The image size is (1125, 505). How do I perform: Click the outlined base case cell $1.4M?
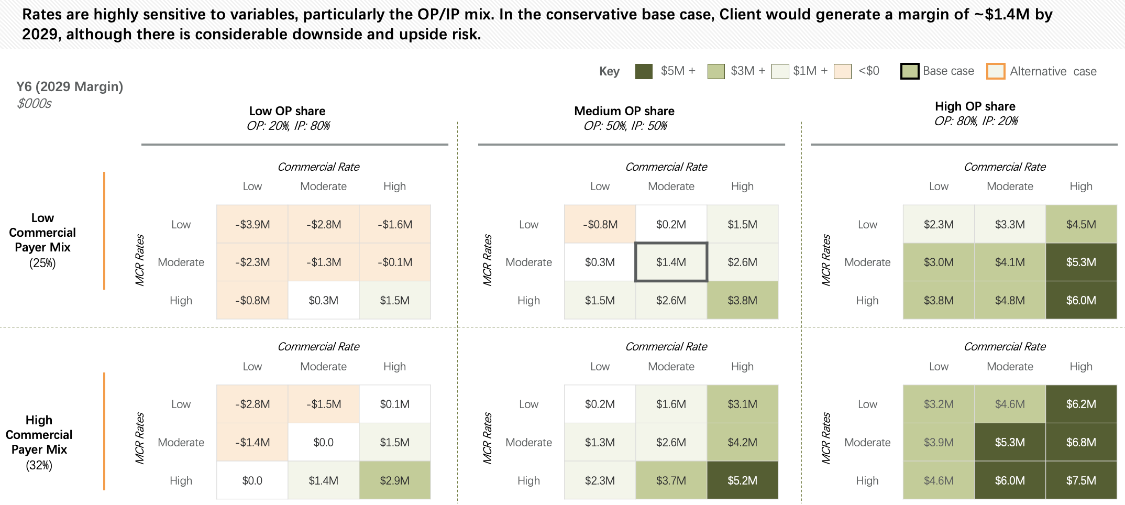pos(671,262)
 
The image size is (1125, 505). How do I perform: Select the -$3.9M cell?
pos(252,224)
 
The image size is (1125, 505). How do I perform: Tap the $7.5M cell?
pos(1081,480)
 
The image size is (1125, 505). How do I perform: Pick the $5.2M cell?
pos(742,480)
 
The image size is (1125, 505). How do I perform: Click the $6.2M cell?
pos(1081,404)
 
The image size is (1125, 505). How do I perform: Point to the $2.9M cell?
pos(394,480)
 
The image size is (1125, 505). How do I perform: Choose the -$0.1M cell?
pos(394,262)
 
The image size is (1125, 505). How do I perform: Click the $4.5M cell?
pos(1081,224)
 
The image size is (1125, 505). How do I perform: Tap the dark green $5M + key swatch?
pos(644,71)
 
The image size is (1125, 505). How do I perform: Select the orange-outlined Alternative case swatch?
pos(995,71)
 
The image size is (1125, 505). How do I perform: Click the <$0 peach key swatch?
pos(842,71)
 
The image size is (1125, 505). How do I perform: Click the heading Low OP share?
pos(287,111)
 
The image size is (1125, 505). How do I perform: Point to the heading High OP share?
pos(975,106)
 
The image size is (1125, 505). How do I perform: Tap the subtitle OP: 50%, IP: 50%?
pos(625,126)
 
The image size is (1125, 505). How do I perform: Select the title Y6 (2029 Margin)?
pos(70,86)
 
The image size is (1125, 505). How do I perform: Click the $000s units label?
pos(34,103)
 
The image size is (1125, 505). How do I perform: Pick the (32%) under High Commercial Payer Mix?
pos(39,465)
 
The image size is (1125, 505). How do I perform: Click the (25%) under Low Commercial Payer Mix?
pos(42,263)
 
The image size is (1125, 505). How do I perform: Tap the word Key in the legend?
pos(609,71)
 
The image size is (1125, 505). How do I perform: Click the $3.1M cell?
pos(742,404)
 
